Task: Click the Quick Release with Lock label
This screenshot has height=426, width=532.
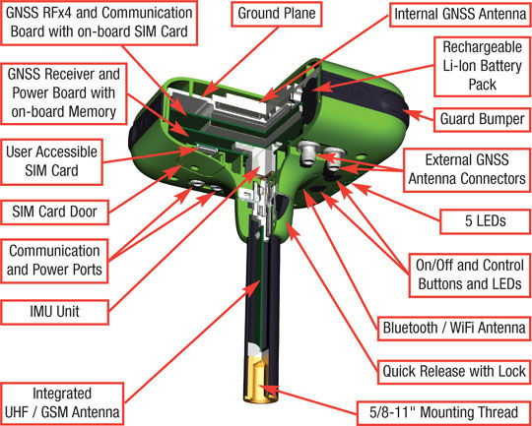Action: click(453, 372)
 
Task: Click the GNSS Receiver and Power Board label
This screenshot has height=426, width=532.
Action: click(64, 94)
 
